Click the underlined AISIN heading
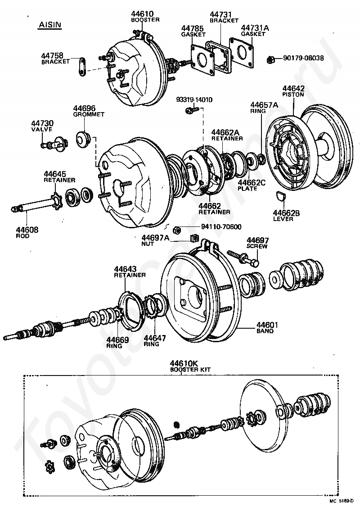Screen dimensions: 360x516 click(x=50, y=25)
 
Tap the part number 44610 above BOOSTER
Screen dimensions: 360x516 click(x=142, y=14)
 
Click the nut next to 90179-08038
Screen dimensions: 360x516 click(x=270, y=60)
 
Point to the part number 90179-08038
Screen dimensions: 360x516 click(x=303, y=58)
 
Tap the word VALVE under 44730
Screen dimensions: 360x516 click(x=42, y=129)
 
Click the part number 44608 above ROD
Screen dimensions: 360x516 click(x=27, y=230)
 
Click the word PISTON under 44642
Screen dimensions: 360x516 click(x=293, y=95)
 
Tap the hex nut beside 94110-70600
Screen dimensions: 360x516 click(x=176, y=229)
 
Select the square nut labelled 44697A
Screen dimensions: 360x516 click(x=194, y=238)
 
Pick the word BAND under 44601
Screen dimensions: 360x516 click(x=265, y=331)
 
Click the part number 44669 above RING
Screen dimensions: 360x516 click(x=117, y=340)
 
